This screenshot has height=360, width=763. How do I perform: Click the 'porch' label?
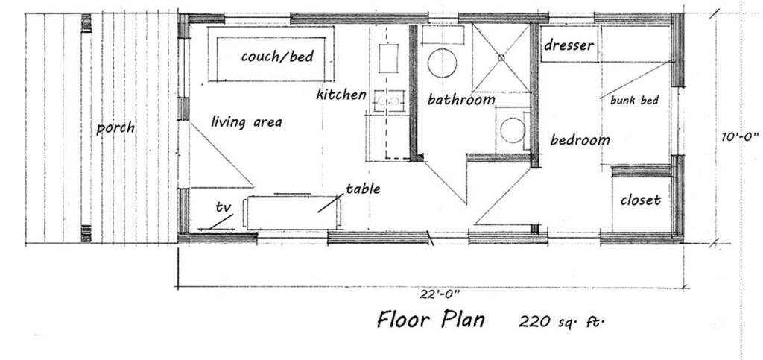[115, 127]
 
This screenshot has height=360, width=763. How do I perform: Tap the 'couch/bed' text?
[277, 56]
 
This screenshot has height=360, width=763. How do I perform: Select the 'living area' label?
[246, 121]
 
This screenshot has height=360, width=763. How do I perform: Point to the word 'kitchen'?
[341, 95]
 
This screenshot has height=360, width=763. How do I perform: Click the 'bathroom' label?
[461, 100]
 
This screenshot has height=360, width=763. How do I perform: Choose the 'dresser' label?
[569, 45]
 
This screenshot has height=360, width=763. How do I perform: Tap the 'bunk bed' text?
[634, 101]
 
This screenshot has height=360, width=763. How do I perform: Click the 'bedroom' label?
[580, 139]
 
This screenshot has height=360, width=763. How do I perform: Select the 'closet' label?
[640, 200]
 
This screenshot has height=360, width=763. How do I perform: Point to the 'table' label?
[363, 189]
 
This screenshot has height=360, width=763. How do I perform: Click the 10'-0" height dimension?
[740, 136]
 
